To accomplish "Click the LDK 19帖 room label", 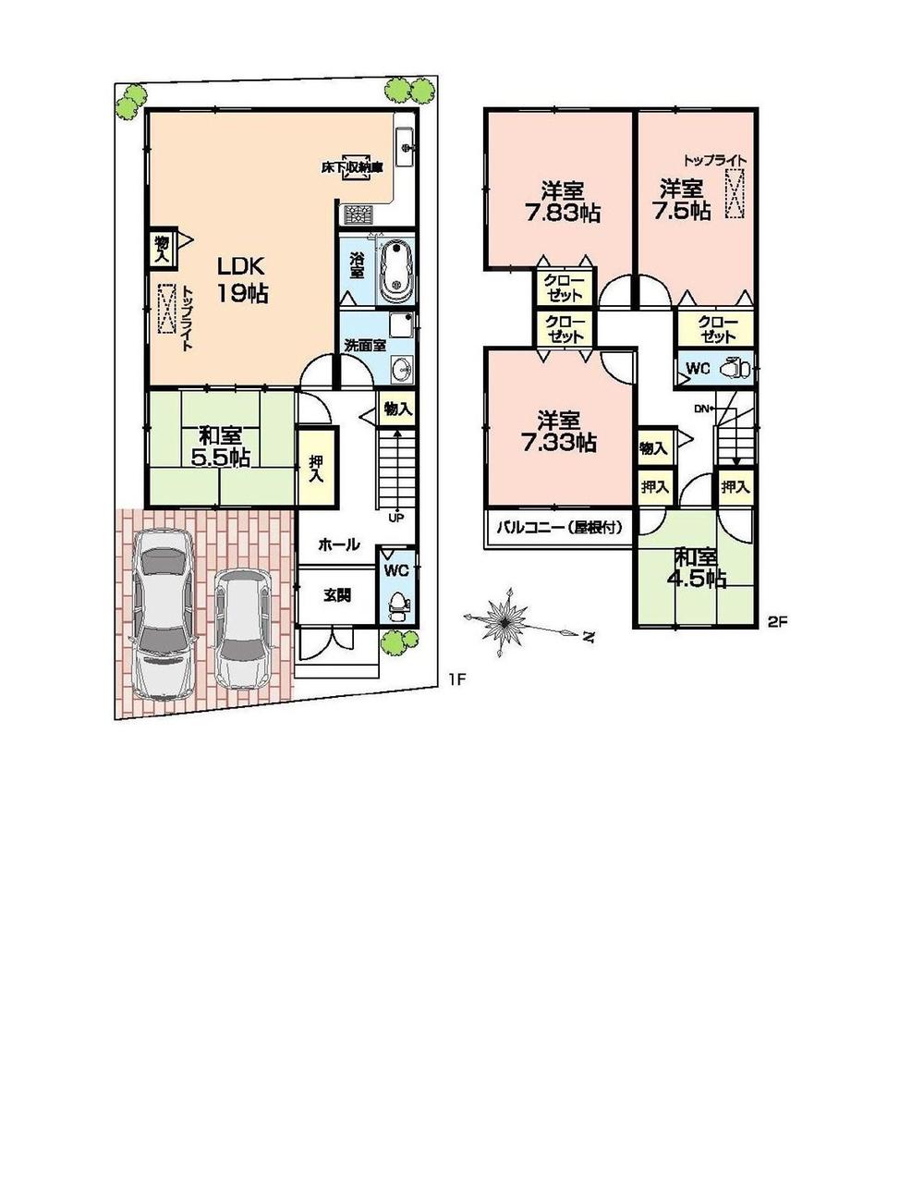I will (242, 280).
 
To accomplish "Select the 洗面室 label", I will (360, 345).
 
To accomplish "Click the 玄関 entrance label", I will (336, 595).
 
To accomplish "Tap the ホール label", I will (338, 545).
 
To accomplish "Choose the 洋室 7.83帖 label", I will (561, 202).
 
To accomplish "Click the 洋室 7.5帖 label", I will (684, 200).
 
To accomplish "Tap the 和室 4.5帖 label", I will (699, 568).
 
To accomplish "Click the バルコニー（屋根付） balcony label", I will (560, 528).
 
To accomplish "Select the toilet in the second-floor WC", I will (736, 367).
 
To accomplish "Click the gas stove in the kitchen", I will (357, 215).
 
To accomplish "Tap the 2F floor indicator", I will (776, 622).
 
